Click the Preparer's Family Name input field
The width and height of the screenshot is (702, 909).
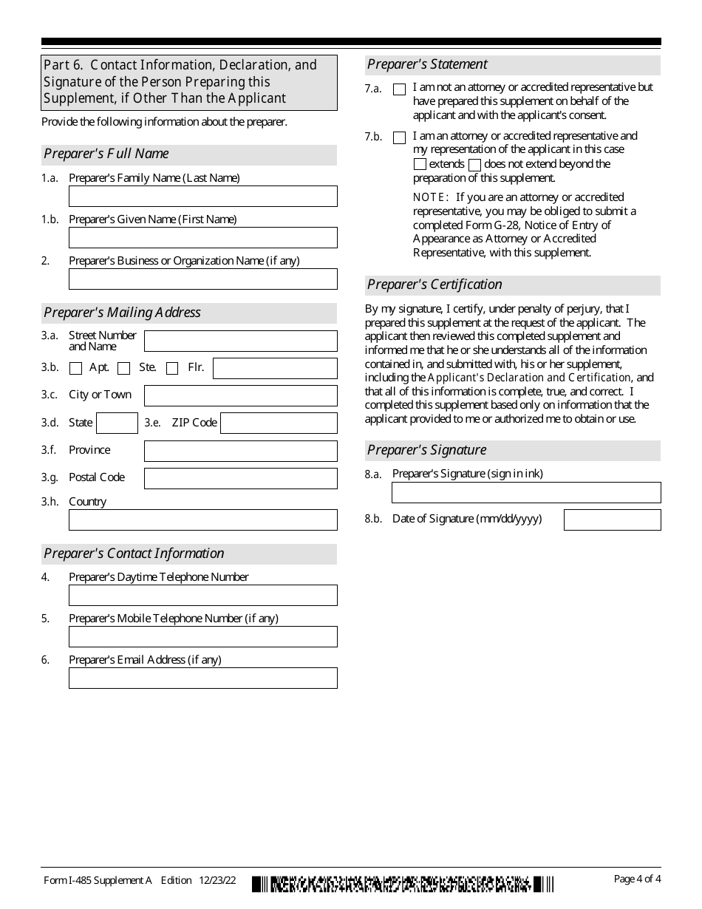click(202, 197)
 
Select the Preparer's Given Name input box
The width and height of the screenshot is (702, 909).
click(202, 238)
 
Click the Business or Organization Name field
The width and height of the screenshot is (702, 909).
click(202, 279)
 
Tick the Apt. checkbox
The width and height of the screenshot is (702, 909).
click(75, 369)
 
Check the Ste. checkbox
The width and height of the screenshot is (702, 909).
click(124, 369)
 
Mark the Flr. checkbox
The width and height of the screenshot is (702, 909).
click(172, 369)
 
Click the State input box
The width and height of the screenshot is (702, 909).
click(117, 423)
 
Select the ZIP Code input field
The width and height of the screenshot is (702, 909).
click(279, 423)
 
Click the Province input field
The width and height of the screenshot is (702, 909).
click(240, 451)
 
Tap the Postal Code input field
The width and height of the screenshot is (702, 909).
click(240, 478)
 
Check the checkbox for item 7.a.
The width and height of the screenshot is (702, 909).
click(400, 89)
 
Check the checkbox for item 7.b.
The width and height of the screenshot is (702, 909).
click(400, 137)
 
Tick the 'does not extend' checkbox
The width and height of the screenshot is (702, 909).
click(475, 165)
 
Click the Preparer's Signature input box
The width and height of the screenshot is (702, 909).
click(526, 493)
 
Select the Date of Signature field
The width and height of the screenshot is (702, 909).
click(612, 520)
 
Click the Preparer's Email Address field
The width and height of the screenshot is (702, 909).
click(202, 678)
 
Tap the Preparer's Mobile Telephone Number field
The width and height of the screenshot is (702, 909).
click(202, 637)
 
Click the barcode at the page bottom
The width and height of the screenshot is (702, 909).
click(402, 883)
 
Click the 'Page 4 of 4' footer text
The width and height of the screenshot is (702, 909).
click(637, 879)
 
